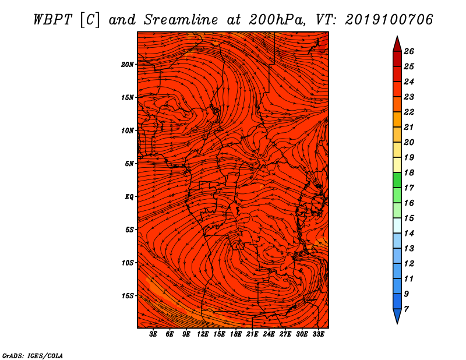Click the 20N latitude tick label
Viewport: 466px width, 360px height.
pos(127,65)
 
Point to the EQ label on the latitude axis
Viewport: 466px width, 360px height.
pos(129,197)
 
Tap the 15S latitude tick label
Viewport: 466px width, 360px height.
pos(128,296)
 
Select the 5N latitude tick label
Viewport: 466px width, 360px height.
pos(129,164)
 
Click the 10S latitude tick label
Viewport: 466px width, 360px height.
pos(128,263)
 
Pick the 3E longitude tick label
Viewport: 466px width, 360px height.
pos(153,334)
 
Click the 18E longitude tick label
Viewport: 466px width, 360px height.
pos(236,334)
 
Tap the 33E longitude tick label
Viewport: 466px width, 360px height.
pos(318,334)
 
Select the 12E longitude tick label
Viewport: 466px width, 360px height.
pos(203,334)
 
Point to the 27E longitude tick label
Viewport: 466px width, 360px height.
pos(285,334)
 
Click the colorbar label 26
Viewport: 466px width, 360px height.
pos(409,51)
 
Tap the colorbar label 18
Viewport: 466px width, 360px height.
pos(409,172)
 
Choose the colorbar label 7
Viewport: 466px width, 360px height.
pos(406,309)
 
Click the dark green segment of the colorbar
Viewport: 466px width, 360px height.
pos(397,180)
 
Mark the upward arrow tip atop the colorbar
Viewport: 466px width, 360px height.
pos(397,36)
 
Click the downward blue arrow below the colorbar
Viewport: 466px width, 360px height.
pos(397,316)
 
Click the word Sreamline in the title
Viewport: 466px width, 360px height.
pos(181,20)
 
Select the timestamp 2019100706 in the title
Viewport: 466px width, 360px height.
pos(389,20)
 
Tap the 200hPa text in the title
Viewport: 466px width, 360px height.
pos(277,20)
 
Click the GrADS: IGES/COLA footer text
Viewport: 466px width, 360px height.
pos(33,355)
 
